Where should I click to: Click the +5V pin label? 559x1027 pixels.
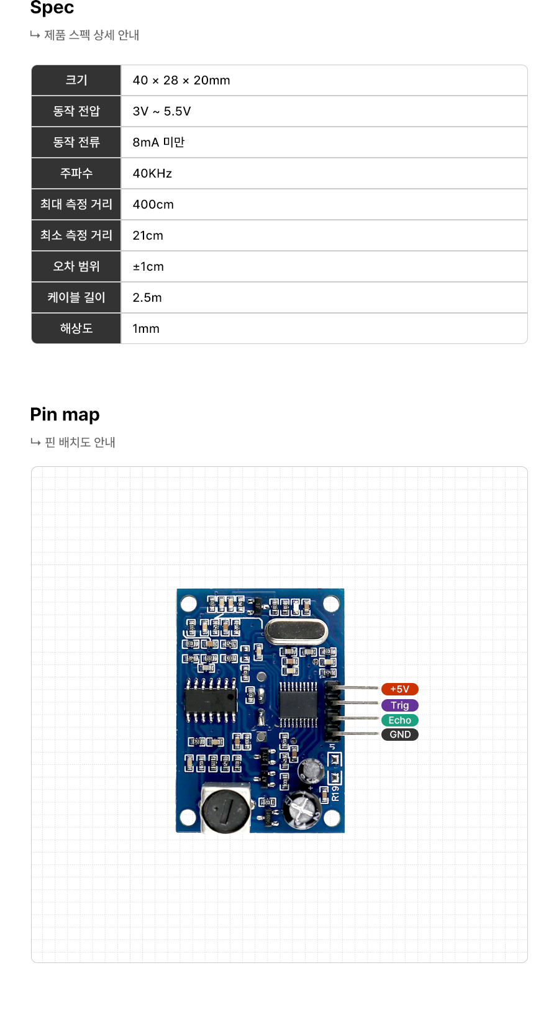[x=399, y=689]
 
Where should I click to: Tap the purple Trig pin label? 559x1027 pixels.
[x=399, y=705]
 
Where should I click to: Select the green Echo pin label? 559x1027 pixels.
[x=399, y=720]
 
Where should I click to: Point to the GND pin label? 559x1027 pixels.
[x=399, y=735]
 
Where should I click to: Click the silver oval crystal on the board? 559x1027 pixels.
[x=296, y=632]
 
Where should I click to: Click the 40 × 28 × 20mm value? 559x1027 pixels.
[x=181, y=80]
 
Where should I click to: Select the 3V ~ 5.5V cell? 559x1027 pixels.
[x=161, y=111]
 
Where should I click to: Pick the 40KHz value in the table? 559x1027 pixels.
[x=152, y=173]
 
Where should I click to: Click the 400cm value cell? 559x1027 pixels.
[x=153, y=204]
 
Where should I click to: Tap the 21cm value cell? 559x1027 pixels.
[x=148, y=235]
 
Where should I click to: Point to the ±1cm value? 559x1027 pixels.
[x=148, y=266]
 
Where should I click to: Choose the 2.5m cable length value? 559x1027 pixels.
[x=147, y=297]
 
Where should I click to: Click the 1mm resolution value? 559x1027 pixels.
[x=146, y=328]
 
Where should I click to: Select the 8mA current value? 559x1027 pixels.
[x=158, y=142]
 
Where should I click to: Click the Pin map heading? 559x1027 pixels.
[x=65, y=414]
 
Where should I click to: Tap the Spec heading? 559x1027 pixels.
[x=52, y=8]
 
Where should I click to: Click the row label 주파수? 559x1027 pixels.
[x=76, y=173]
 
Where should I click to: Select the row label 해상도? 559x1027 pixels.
[x=76, y=328]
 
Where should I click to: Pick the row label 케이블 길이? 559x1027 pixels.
[x=76, y=297]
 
